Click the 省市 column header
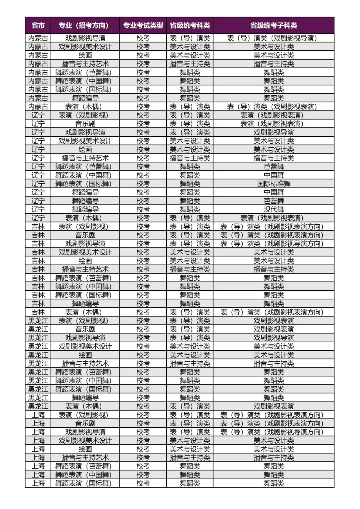click(38, 25)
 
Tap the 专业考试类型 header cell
click(143, 25)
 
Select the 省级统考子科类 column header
click(274, 25)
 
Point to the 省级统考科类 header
click(190, 25)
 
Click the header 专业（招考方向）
click(85, 25)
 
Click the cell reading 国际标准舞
click(274, 184)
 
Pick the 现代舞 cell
click(274, 209)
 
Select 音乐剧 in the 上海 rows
click(85, 423)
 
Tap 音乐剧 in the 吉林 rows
click(85, 235)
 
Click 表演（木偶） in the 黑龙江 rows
click(85, 406)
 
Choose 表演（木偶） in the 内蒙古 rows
click(85, 107)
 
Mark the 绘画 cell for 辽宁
click(85, 149)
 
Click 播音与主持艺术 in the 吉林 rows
click(85, 269)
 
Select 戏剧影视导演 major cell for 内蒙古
click(85, 38)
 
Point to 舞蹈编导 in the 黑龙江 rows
click(85, 398)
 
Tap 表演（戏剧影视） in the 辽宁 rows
click(85, 115)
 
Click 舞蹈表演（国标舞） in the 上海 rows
click(85, 483)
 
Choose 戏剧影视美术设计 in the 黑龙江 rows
click(85, 346)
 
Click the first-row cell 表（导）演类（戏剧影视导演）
click(274, 38)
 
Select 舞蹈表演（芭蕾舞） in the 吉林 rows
click(85, 278)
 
